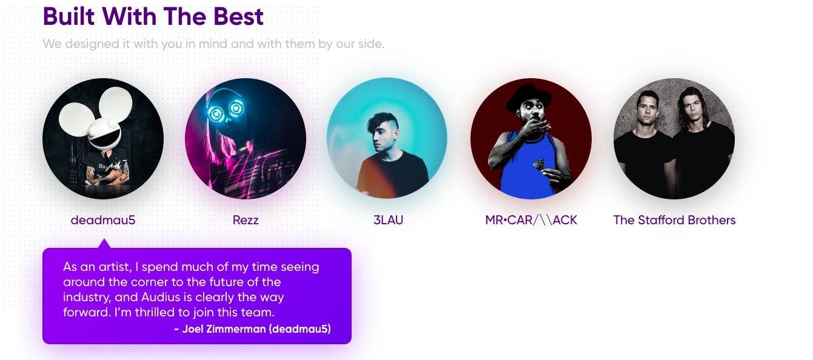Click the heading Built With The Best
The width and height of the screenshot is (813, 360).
coord(153,17)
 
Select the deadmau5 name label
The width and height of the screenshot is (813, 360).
coord(103,220)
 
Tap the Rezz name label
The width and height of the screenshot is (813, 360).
coord(246,220)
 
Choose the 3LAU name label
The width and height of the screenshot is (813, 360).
coord(388,220)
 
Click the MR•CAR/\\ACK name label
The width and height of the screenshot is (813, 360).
coord(531,220)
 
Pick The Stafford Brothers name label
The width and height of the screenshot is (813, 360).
coord(674,220)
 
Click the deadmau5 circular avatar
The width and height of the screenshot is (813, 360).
coord(103,139)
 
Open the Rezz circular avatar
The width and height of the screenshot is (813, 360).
coord(246,139)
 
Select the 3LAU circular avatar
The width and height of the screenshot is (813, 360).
coord(387,138)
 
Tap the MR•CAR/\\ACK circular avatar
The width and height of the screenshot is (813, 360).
coord(531,139)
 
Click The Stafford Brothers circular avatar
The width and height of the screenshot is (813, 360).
coord(674,139)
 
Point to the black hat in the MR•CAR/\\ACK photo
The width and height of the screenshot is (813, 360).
coord(529,97)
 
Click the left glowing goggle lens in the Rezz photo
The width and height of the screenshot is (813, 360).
coord(216,113)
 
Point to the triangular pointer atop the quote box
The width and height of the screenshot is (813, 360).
coord(104,244)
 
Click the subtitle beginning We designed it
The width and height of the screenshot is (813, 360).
coord(213,44)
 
